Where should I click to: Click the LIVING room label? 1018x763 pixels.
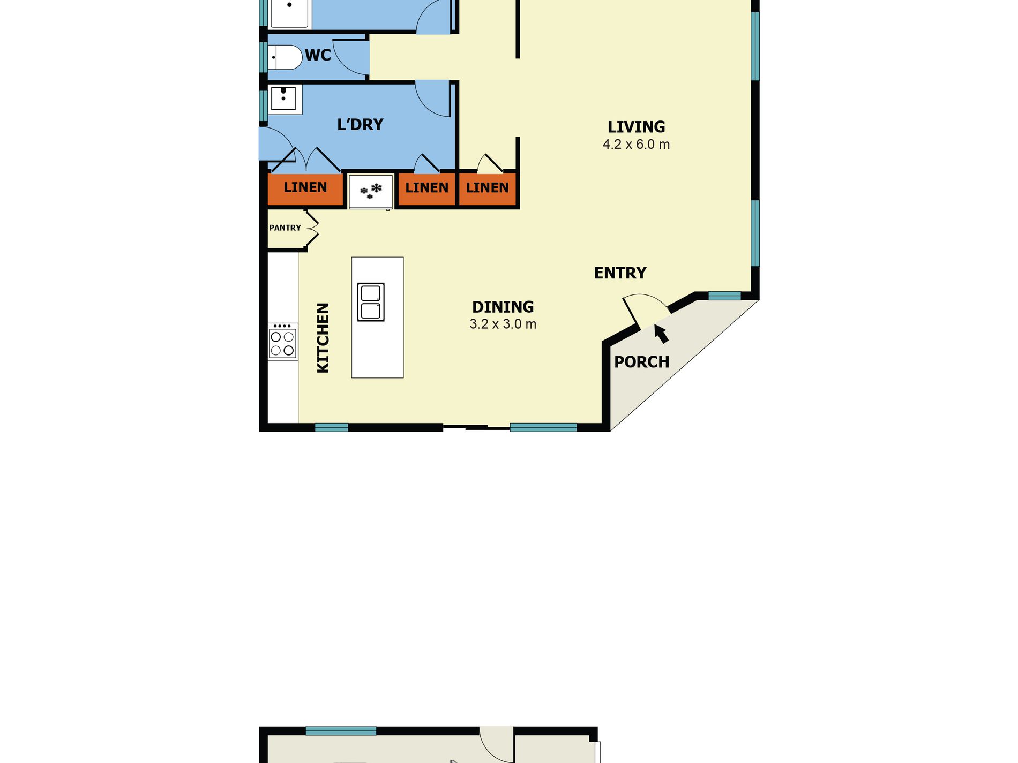(636, 127)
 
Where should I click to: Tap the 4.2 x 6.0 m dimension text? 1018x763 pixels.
(636, 145)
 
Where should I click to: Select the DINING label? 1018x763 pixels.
(503, 307)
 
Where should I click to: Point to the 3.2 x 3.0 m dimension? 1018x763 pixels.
(503, 324)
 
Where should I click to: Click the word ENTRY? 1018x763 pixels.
(620, 273)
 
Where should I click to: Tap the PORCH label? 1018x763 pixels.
(641, 362)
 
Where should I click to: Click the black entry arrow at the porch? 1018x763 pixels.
(661, 334)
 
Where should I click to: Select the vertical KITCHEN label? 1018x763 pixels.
(323, 337)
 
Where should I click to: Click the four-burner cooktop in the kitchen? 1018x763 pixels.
(282, 343)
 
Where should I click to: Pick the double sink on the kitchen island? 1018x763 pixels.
(371, 302)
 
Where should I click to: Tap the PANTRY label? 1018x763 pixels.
(285, 228)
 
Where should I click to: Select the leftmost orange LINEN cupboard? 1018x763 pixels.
(305, 187)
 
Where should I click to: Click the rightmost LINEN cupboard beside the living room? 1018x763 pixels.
(487, 188)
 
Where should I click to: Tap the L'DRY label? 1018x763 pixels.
(360, 125)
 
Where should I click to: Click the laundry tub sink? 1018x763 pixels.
(283, 99)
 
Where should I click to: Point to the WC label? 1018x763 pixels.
(318, 55)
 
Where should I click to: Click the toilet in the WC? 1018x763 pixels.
(286, 57)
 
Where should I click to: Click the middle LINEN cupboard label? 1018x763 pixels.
(426, 188)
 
